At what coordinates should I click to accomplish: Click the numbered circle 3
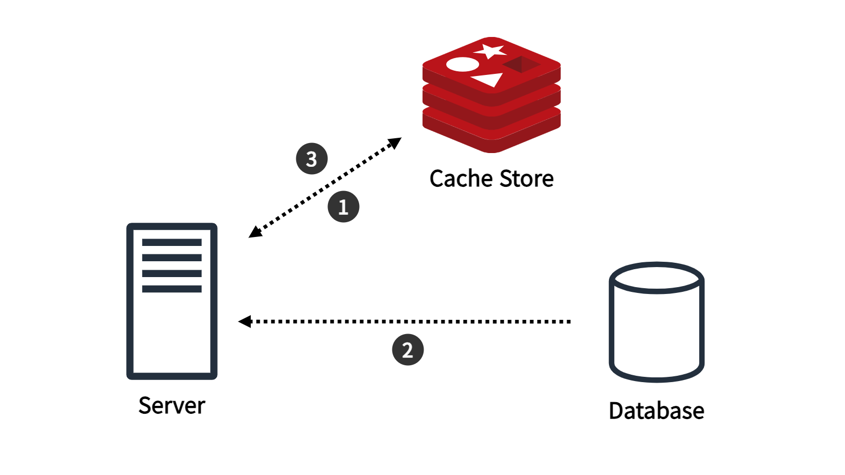(312, 158)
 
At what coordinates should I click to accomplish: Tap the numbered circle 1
(343, 206)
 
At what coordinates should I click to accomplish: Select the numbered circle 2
(408, 350)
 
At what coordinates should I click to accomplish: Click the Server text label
(172, 406)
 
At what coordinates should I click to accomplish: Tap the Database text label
(656, 411)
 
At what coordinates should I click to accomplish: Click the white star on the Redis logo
(489, 51)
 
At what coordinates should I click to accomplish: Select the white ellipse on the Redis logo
(463, 64)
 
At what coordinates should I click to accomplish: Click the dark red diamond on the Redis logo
(521, 64)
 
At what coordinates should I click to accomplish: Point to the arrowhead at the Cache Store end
(394, 142)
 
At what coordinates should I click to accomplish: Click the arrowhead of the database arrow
(245, 321)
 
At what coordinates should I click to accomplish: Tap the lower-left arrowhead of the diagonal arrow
(255, 232)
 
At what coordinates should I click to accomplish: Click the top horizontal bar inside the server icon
(172, 242)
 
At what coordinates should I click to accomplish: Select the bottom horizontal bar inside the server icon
(172, 289)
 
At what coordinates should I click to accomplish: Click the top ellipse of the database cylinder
(656, 278)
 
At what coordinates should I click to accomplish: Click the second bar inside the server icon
(172, 258)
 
